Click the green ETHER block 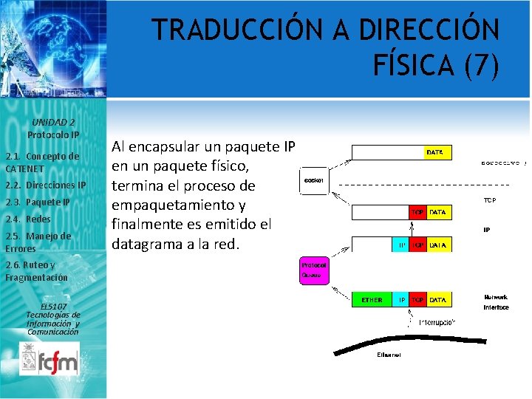[x=372, y=299]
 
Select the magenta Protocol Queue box [x=314, y=270]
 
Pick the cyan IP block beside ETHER [x=402, y=299]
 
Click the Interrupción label [x=437, y=322]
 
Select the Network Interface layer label [x=496, y=301]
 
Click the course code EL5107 [x=53, y=306]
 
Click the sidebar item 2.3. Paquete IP [x=38, y=202]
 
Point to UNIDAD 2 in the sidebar [x=53, y=122]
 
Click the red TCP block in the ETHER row [x=417, y=299]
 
